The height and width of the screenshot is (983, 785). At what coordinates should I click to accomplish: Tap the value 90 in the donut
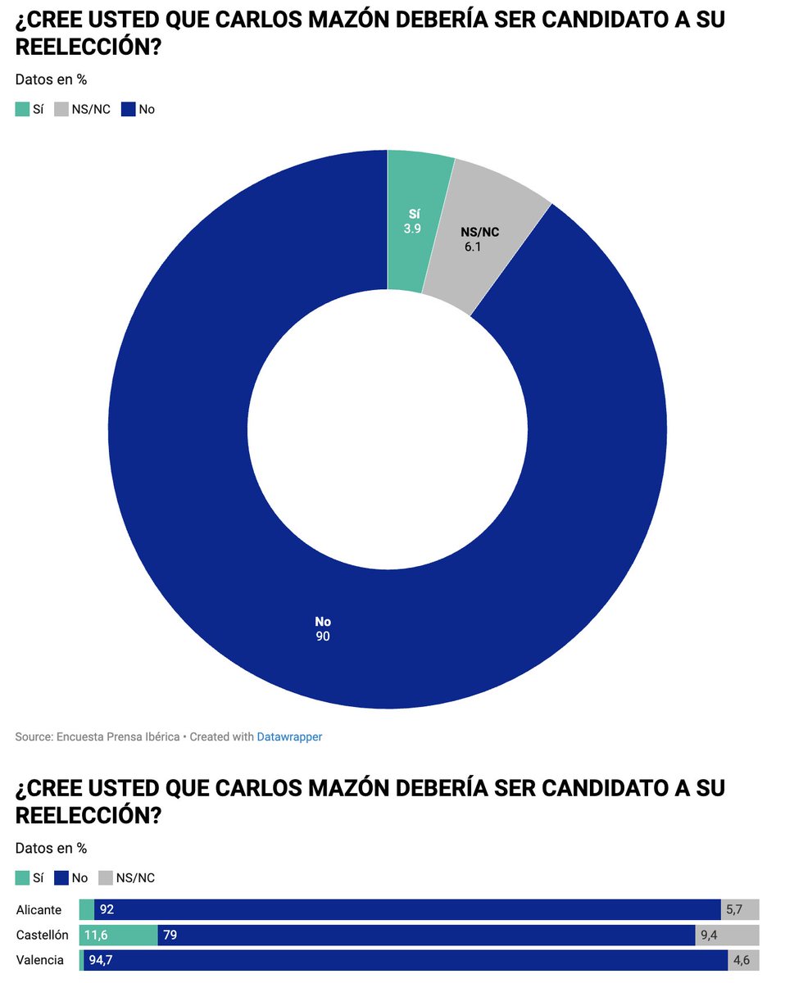tap(323, 636)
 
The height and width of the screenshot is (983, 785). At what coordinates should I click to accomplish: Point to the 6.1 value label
tap(473, 246)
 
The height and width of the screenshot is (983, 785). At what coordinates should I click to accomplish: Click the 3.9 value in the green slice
tap(412, 229)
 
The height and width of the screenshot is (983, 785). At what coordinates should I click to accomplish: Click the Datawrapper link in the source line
tap(289, 736)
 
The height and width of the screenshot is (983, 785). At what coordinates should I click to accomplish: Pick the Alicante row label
tap(39, 909)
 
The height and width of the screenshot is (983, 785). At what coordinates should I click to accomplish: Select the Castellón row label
tap(43, 935)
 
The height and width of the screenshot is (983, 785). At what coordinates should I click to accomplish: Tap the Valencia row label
tap(39, 960)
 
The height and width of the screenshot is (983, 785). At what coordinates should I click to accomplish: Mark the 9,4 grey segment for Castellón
tap(727, 935)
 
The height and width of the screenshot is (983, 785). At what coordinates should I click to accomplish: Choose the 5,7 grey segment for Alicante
tap(740, 909)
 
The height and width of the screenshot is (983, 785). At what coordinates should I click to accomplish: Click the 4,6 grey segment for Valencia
tap(743, 960)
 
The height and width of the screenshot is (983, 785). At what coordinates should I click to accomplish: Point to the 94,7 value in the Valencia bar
tap(101, 960)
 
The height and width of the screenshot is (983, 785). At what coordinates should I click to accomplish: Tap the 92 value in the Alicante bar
tap(107, 909)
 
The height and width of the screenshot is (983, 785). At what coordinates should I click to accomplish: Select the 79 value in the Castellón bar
tap(170, 935)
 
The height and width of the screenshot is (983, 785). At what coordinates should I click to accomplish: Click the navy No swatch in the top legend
tap(129, 109)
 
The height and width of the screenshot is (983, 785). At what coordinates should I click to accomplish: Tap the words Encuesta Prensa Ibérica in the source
tap(118, 736)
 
